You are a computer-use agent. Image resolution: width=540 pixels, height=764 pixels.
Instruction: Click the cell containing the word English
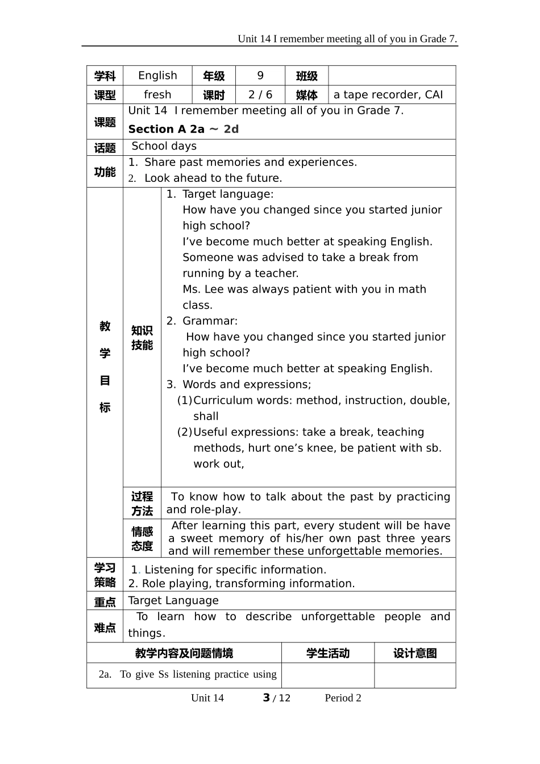(x=157, y=76)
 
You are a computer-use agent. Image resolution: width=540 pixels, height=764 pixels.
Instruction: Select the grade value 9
(x=260, y=76)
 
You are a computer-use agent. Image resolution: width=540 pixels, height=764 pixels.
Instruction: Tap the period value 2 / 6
(x=260, y=95)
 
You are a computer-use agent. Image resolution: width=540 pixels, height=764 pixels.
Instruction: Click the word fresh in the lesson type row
(x=157, y=95)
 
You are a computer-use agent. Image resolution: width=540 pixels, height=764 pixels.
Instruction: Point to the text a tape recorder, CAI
(x=388, y=95)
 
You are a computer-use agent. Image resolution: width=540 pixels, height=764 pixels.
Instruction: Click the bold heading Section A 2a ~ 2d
(x=183, y=129)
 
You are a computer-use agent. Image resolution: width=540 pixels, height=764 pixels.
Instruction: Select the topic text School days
(x=164, y=146)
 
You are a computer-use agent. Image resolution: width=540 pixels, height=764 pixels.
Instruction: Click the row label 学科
(x=105, y=76)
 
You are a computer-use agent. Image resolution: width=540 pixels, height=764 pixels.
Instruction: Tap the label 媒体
(x=306, y=95)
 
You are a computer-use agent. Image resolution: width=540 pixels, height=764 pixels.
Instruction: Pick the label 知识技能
(x=142, y=338)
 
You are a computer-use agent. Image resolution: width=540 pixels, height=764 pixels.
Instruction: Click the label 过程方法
(x=142, y=504)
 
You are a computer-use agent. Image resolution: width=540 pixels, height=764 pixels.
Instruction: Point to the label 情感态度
(x=142, y=538)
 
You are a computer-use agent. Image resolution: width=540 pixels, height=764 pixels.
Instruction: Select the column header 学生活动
(x=327, y=653)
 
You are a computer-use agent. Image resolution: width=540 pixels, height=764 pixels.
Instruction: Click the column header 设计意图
(x=415, y=653)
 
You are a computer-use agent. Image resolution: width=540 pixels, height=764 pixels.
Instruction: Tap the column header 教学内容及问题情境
(x=184, y=653)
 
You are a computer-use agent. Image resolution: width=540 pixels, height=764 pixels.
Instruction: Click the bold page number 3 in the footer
(x=266, y=697)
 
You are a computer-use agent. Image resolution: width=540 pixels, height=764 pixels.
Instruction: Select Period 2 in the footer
(x=343, y=698)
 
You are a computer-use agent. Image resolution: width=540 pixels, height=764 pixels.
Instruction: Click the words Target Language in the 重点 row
(x=173, y=601)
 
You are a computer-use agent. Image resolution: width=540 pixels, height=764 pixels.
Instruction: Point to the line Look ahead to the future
(x=213, y=178)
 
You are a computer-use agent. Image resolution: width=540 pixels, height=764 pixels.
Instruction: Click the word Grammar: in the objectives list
(x=210, y=321)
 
